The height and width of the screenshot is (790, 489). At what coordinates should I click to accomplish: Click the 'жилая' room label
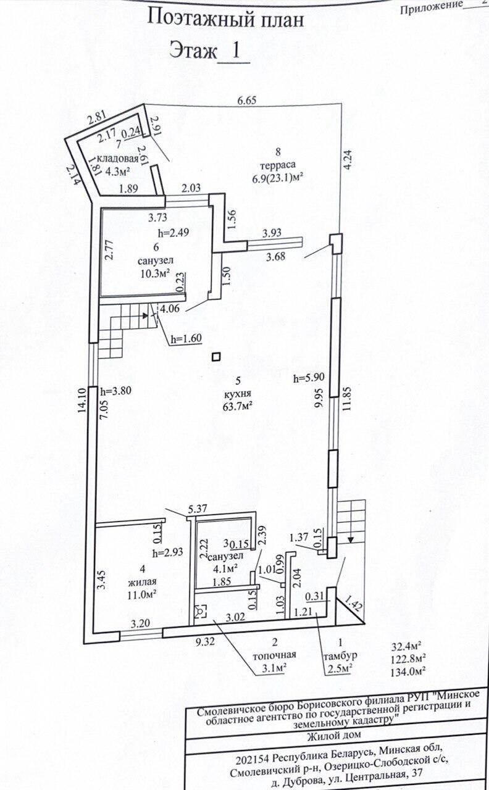click(x=142, y=581)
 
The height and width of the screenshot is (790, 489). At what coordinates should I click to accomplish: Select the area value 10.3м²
click(x=155, y=272)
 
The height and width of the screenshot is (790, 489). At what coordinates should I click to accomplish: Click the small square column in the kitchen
click(x=215, y=356)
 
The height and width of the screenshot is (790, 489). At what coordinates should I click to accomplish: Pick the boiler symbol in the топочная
click(x=200, y=612)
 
